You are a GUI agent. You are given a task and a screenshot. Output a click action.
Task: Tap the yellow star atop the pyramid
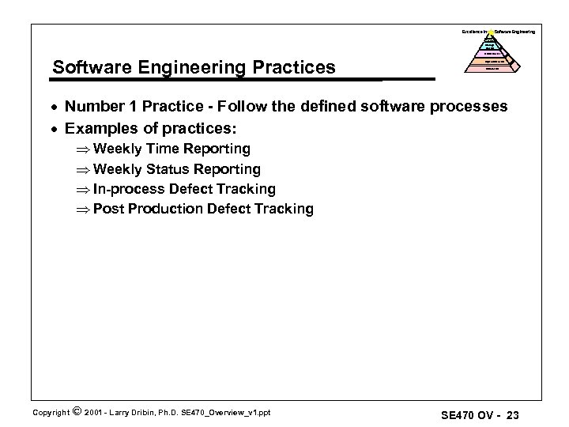point(490,32)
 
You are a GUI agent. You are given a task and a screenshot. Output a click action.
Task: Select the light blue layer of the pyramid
point(490,46)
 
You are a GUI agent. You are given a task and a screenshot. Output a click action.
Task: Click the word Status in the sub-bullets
point(171,169)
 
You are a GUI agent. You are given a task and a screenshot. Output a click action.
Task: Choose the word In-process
point(128,189)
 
